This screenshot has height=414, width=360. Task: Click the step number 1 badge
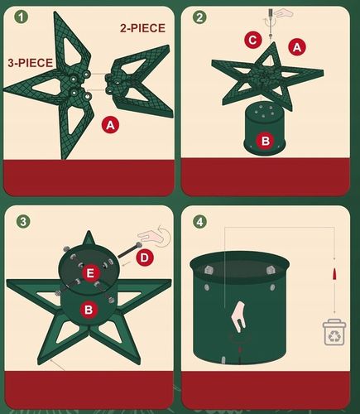click(21, 17)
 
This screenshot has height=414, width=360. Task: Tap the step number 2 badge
click(199, 17)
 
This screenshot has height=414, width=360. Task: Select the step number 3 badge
click(23, 221)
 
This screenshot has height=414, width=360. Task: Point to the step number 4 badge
click(199, 221)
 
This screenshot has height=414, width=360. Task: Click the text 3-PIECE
click(31, 63)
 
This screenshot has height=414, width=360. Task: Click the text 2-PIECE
click(142, 28)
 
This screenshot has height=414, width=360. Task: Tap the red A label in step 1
click(110, 125)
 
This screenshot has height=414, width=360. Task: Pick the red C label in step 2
click(252, 41)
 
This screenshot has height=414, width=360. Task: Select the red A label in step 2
click(297, 47)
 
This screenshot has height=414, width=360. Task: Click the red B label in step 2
click(265, 141)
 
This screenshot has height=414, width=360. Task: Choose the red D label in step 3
click(145, 258)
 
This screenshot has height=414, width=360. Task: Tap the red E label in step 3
click(90, 273)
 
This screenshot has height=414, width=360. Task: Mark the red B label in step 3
click(89, 310)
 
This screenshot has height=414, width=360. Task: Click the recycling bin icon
click(334, 332)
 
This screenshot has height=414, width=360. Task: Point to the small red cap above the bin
click(335, 273)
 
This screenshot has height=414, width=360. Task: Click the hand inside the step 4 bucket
click(238, 315)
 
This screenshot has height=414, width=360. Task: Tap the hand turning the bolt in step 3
click(154, 236)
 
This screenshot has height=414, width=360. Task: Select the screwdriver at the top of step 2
click(271, 23)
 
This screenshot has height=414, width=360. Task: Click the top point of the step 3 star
click(89, 231)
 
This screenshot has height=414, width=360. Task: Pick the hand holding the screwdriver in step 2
click(284, 13)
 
